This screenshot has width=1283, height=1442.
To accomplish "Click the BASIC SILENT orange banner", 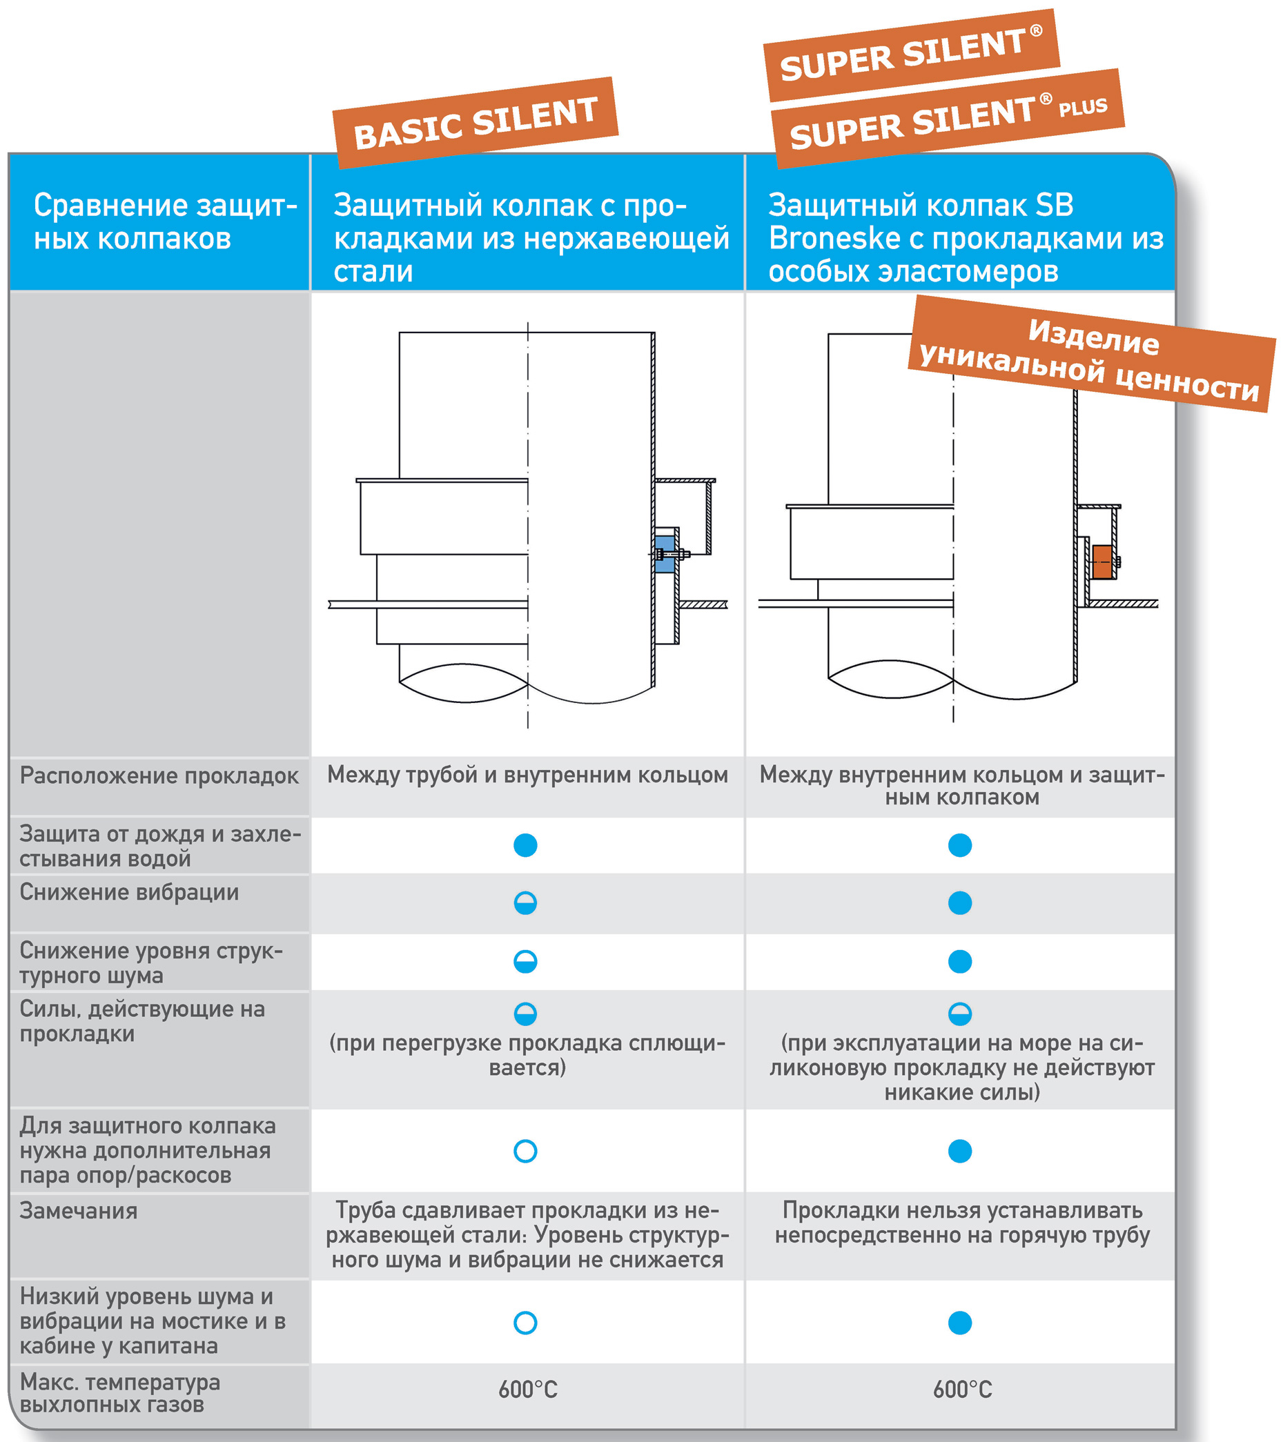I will pyautogui.click(x=475, y=122).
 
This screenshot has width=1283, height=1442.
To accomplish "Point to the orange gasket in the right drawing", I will pyautogui.click(x=1101, y=562).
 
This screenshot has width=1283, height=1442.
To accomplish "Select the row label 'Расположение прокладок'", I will pyautogui.click(x=159, y=776).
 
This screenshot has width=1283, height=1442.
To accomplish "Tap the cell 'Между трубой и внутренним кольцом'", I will pyautogui.click(x=527, y=775).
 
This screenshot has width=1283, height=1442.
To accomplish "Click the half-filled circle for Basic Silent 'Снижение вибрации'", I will pyautogui.click(x=525, y=903).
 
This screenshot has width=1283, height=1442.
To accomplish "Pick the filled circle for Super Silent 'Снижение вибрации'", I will pyautogui.click(x=960, y=903).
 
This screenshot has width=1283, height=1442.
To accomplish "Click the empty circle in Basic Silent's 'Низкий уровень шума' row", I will pyautogui.click(x=525, y=1323).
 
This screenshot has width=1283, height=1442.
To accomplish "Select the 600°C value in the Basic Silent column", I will pyautogui.click(x=527, y=1390).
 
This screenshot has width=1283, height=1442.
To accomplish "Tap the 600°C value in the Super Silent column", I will pyautogui.click(x=962, y=1390).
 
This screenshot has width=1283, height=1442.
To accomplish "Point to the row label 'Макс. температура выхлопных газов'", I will pyautogui.click(x=120, y=1392).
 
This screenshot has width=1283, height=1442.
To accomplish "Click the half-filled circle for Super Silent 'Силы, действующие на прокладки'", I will pyautogui.click(x=960, y=1014).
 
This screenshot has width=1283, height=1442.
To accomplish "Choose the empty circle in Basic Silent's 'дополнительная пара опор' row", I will pyautogui.click(x=525, y=1152).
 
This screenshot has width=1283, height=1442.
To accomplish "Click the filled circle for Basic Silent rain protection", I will pyautogui.click(x=525, y=845).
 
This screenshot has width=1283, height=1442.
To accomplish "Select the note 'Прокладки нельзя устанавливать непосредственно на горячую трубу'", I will pyautogui.click(x=962, y=1223).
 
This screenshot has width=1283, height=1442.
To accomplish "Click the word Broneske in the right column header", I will pyautogui.click(x=834, y=239).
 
